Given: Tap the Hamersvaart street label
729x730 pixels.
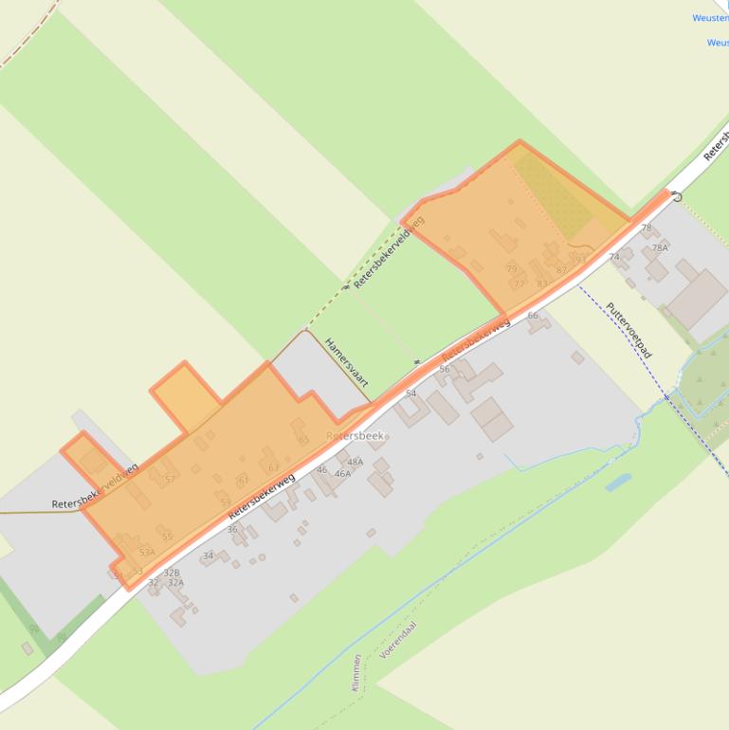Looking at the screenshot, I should pyautogui.click(x=346, y=361).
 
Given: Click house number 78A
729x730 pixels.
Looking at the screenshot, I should pyautogui.click(x=660, y=247).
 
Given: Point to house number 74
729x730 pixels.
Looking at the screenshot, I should pyautogui.click(x=614, y=257).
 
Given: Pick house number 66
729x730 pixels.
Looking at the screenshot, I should pyautogui.click(x=533, y=316).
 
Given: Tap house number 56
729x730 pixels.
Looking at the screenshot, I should pyautogui.click(x=444, y=369).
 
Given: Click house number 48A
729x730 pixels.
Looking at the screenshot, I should pyautogui.click(x=355, y=462).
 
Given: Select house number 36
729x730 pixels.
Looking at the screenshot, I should pyautogui.click(x=232, y=529).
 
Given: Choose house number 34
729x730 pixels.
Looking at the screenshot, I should pyautogui.click(x=209, y=556).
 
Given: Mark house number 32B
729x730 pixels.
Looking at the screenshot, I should pyautogui.click(x=172, y=573).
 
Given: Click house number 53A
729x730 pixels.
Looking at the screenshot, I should pyautogui.click(x=146, y=552).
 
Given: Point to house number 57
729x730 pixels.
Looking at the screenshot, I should pyautogui.click(x=170, y=480).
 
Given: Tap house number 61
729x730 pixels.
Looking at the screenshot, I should pyautogui.click(x=243, y=480).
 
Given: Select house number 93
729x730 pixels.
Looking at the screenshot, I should pyautogui.click(x=580, y=259).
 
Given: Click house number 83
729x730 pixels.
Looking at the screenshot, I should pyautogui.click(x=542, y=283).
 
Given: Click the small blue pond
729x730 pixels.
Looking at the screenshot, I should pyautogui.click(x=617, y=482).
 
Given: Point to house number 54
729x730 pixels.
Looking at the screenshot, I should pyautogui.click(x=410, y=392).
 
